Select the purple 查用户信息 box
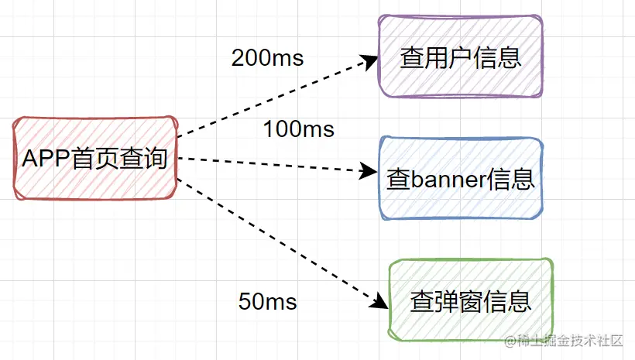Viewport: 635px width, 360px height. [x=461, y=56]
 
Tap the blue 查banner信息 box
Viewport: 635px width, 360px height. [x=461, y=179]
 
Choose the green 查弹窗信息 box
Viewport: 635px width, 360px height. [x=471, y=300]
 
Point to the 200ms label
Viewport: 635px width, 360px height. [x=267, y=58]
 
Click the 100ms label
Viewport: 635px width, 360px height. [x=299, y=129]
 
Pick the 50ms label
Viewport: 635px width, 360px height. [x=267, y=301]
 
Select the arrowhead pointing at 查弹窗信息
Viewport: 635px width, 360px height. [x=376, y=302]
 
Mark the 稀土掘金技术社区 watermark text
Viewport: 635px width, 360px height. [x=565, y=341]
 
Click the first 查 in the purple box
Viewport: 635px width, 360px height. [x=411, y=57]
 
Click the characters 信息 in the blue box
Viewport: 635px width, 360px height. [x=514, y=180]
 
